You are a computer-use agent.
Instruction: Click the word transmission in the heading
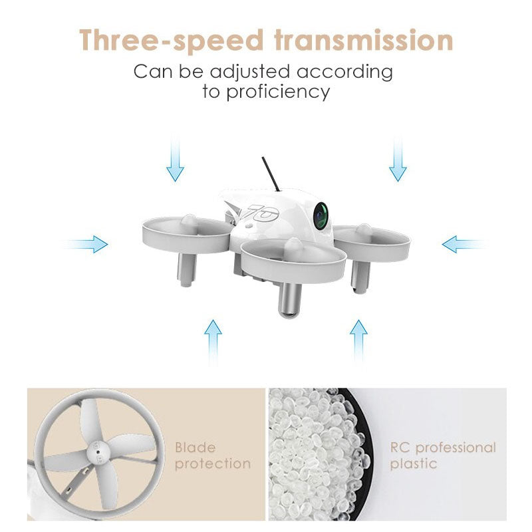click(x=364, y=40)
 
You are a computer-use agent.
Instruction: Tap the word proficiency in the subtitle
click(x=278, y=92)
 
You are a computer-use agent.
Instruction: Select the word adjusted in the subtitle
click(x=250, y=72)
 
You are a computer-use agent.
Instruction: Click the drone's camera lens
click(x=321, y=215)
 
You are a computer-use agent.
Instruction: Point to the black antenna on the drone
click(x=271, y=174)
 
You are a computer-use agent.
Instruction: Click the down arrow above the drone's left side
click(x=175, y=157)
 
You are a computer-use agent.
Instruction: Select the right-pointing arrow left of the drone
click(x=86, y=244)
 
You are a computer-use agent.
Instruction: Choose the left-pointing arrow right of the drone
click(x=464, y=244)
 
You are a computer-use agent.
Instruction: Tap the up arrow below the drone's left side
click(x=213, y=342)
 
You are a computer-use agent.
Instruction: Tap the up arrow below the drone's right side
click(x=358, y=343)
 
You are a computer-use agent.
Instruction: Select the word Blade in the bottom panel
click(x=195, y=448)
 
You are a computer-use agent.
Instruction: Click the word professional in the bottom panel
click(x=456, y=448)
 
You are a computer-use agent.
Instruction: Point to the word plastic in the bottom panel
click(x=413, y=464)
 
